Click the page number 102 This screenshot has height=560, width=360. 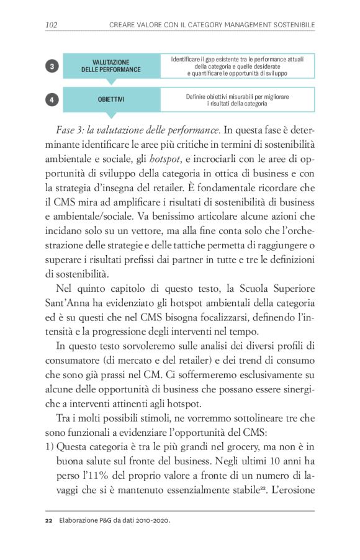[x=52, y=24]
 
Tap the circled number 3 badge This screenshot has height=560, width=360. [x=54, y=66]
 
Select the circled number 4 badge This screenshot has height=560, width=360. [x=54, y=99]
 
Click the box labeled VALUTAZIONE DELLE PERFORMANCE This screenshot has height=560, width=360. [x=110, y=66]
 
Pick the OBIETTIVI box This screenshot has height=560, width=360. [x=110, y=99]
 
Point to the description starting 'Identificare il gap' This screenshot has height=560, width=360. [x=237, y=66]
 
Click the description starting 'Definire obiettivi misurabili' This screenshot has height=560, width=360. [x=237, y=100]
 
